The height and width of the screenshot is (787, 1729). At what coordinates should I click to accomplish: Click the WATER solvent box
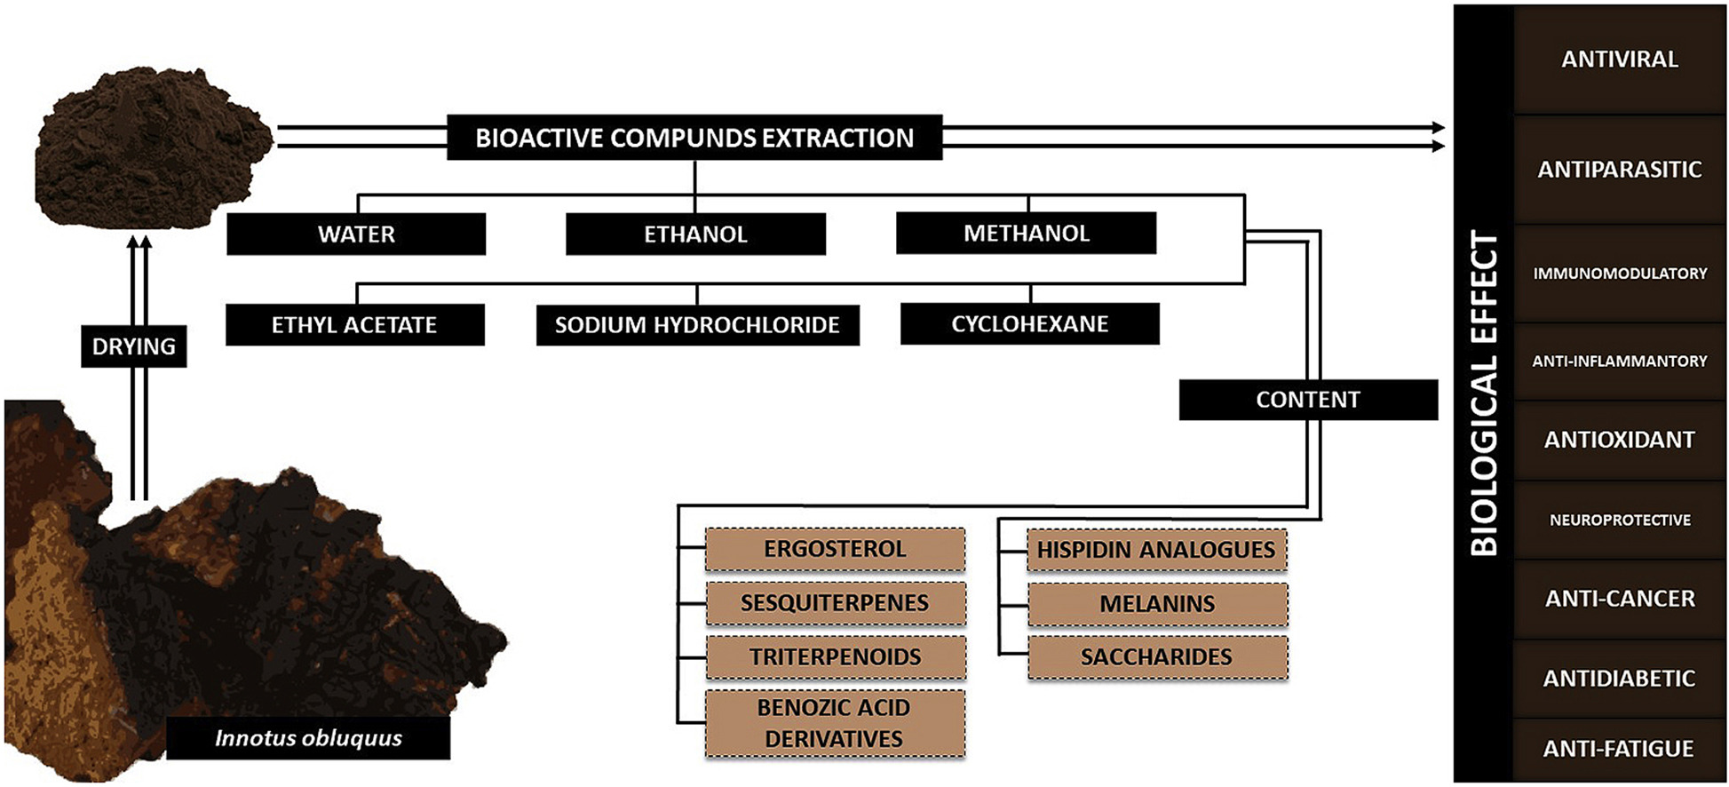(356, 234)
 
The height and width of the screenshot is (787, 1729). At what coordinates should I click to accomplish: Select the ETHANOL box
(695, 234)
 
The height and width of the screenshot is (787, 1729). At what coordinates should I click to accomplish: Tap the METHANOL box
(1026, 233)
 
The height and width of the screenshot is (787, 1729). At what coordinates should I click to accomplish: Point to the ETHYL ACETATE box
(354, 324)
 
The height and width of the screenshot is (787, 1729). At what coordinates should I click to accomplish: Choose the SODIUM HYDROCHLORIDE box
(697, 324)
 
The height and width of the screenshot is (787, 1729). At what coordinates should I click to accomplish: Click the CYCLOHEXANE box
(1029, 323)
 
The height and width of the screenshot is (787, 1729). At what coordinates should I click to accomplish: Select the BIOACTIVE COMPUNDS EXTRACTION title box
(694, 138)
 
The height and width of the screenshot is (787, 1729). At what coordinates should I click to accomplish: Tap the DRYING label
(134, 346)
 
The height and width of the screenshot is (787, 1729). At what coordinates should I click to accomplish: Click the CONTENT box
(1307, 400)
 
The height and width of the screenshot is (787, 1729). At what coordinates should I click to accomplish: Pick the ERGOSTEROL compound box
(835, 549)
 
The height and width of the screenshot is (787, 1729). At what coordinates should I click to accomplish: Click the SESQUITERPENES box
(835, 603)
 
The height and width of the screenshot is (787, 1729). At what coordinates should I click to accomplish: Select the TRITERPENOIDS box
(835, 657)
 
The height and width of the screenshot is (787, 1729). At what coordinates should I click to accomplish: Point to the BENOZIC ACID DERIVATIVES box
(835, 723)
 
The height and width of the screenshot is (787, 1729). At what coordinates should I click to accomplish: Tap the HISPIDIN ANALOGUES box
(1156, 550)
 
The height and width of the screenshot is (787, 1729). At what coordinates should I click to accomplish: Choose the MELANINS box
(1157, 604)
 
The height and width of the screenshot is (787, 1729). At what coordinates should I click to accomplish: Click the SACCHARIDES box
(1157, 657)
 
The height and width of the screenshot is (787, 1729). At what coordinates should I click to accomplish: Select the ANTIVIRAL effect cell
(1619, 60)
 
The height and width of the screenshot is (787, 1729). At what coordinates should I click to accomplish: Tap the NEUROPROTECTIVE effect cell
(1619, 520)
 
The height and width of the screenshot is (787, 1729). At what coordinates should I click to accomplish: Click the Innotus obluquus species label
(308, 738)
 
